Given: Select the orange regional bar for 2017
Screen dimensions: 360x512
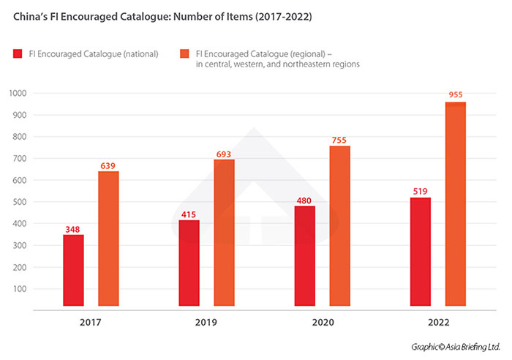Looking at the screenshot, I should (108, 239).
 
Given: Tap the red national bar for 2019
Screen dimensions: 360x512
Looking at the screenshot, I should (189, 263).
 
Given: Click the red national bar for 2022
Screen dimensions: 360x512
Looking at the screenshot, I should (421, 252).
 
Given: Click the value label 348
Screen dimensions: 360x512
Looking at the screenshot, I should (73, 230).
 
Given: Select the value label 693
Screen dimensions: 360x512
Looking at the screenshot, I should (224, 154).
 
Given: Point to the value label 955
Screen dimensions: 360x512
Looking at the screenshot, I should (456, 94).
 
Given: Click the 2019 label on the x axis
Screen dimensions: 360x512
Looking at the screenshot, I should (206, 322).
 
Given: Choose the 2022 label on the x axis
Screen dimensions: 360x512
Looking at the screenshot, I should (438, 322).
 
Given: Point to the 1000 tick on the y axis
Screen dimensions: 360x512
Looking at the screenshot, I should (17, 94).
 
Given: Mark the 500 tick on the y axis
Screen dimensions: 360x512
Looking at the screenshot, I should (19, 202).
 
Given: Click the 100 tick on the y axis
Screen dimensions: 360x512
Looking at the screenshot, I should (19, 289).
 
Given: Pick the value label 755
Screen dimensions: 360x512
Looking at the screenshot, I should (340, 141).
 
